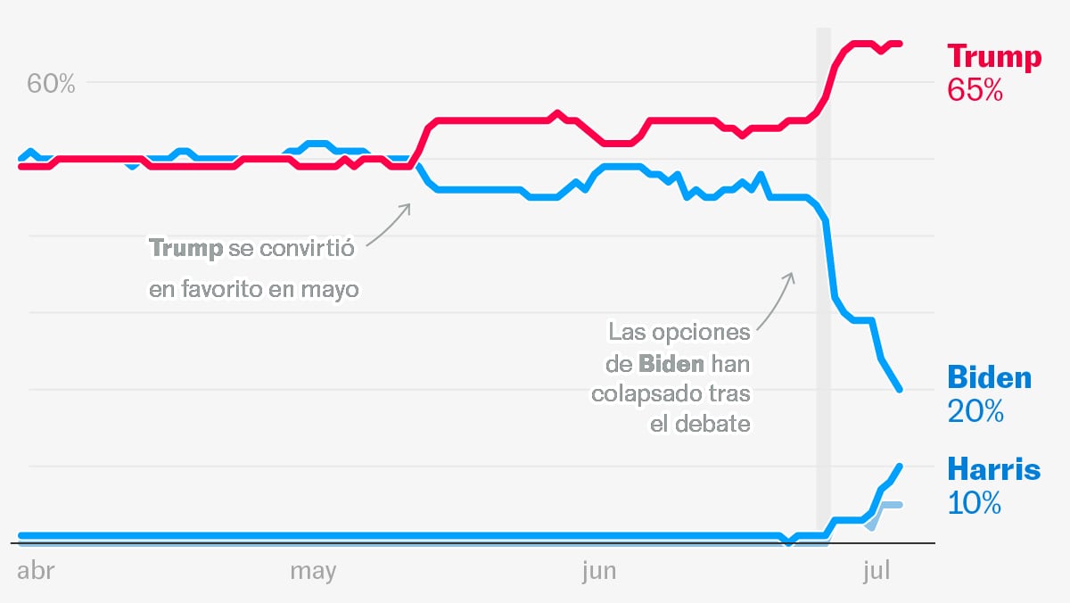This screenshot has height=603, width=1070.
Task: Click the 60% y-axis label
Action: (51, 84)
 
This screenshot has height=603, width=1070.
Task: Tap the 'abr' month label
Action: (36, 572)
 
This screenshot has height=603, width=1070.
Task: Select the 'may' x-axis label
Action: (313, 572)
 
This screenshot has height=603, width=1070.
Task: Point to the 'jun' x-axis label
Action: (598, 572)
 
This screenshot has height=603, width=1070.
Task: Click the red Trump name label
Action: (993, 57)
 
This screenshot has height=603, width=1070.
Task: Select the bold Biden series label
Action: (989, 377)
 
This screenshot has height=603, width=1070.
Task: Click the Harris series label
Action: (993, 469)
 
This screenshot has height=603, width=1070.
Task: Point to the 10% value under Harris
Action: (974, 503)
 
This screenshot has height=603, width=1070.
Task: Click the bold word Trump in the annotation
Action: (185, 248)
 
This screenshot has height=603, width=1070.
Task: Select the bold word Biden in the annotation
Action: (671, 364)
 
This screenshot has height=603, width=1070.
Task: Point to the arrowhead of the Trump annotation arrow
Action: (408, 205)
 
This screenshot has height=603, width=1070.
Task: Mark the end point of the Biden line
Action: (900, 389)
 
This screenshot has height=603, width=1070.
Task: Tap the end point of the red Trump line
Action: (900, 43)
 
